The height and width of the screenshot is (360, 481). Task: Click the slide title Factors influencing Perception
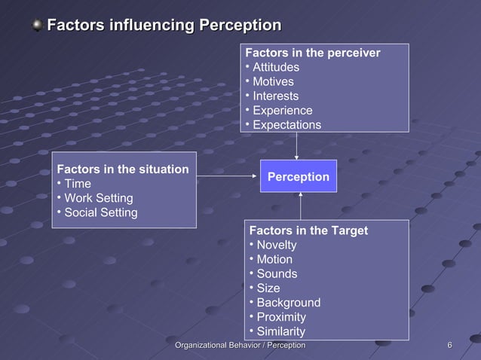click(164, 26)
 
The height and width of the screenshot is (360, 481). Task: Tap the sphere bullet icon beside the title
click(37, 26)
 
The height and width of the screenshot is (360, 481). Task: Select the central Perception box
click(299, 176)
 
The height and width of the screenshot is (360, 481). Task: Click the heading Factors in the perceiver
click(312, 53)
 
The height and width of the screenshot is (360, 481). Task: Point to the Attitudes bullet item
click(275, 67)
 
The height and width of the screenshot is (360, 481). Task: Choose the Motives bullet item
click(273, 81)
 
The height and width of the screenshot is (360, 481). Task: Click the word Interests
click(275, 96)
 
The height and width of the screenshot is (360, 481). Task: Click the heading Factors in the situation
click(123, 169)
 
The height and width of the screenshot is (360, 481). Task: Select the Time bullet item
click(77, 184)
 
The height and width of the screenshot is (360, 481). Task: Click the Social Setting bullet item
click(100, 212)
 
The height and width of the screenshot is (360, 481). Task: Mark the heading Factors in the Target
click(308, 230)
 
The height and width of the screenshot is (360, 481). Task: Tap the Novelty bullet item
click(276, 245)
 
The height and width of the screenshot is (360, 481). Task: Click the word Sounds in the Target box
click(277, 273)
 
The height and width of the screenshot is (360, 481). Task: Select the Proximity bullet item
click(280, 317)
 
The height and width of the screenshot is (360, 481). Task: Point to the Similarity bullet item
click(280, 331)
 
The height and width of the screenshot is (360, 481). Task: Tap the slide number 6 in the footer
click(449, 345)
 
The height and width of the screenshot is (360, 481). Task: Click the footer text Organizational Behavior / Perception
click(240, 345)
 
